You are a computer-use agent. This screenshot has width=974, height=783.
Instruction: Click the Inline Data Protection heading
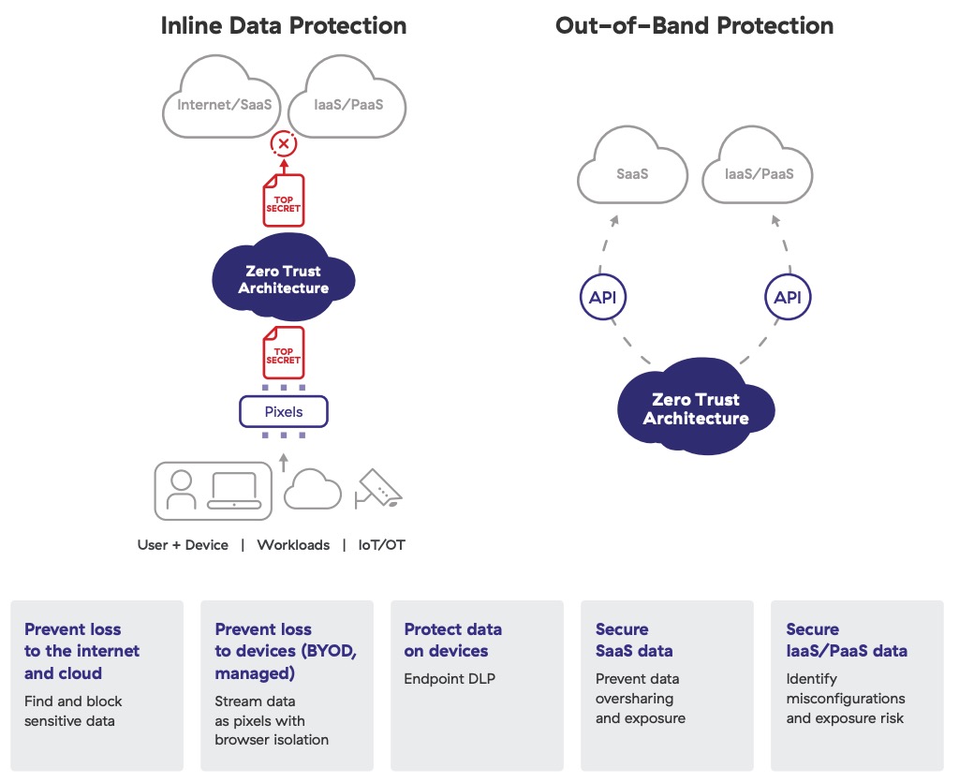(283, 25)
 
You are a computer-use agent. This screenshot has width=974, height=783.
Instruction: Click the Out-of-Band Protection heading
(694, 25)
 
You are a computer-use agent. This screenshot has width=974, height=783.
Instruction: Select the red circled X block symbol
(283, 144)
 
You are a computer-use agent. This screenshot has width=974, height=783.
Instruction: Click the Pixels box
(283, 412)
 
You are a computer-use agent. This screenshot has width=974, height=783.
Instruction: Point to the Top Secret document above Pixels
(283, 352)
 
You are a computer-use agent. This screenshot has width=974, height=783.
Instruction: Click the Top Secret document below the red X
(283, 199)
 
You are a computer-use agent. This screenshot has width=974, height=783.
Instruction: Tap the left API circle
(601, 298)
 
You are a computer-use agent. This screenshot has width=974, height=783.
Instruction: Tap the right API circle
(788, 298)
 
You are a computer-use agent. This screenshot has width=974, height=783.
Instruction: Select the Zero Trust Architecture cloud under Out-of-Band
(695, 409)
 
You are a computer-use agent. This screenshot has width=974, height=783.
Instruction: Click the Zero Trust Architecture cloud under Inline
(283, 279)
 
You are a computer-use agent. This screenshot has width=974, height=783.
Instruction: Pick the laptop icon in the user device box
(233, 491)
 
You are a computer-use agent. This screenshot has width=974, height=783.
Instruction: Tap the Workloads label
(293, 545)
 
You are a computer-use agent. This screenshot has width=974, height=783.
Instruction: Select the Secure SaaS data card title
(634, 640)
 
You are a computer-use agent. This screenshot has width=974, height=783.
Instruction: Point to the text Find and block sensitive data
(73, 710)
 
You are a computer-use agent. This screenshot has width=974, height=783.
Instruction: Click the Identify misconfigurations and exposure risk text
(845, 699)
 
